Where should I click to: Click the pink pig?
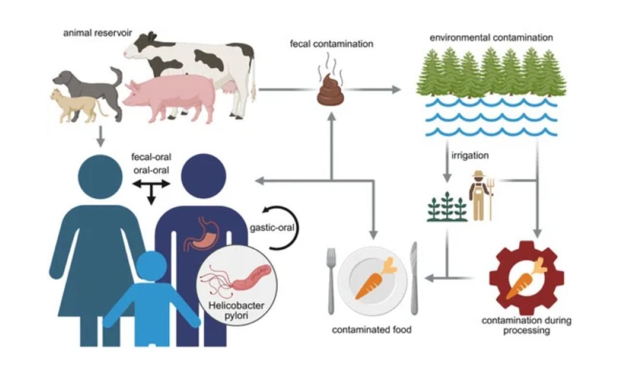coord(168,96)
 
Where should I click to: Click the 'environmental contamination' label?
coord(491,38)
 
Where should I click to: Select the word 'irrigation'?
coord(470,156)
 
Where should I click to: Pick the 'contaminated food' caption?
coord(371,329)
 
